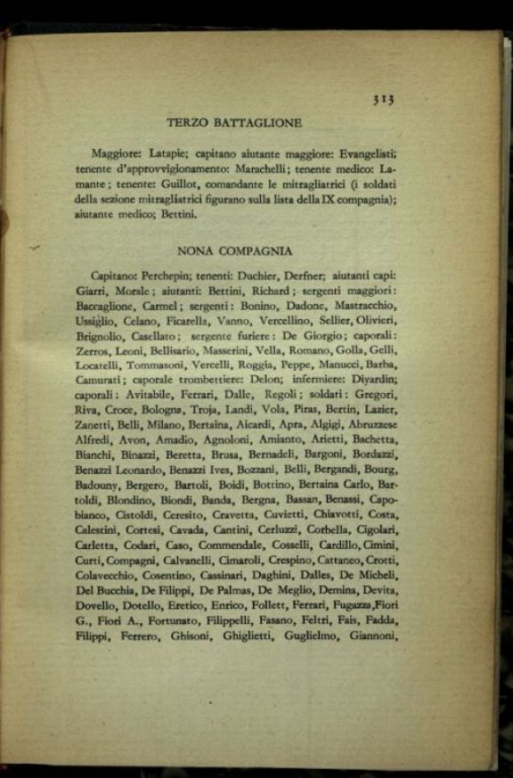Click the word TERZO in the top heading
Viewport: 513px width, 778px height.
pos(189,123)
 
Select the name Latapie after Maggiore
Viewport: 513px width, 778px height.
pos(171,153)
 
